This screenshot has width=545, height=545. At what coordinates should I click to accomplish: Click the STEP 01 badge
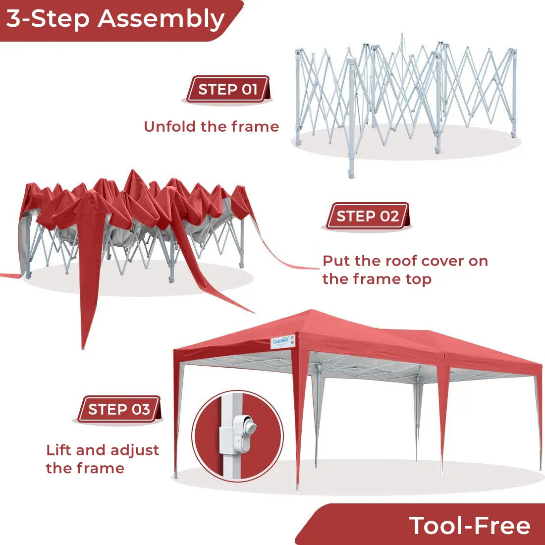[x=227, y=89]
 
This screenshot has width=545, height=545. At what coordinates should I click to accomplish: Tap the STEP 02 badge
[x=367, y=216]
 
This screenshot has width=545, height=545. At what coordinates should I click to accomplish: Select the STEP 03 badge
[x=119, y=409]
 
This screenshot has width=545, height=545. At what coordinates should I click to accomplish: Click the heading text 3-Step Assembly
[x=115, y=19]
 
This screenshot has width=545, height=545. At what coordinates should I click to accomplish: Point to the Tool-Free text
[x=470, y=525]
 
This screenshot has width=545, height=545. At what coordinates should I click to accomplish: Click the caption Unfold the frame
[x=211, y=127]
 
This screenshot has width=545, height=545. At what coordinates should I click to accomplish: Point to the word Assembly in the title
[x=161, y=19]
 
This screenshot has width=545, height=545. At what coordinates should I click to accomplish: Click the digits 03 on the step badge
[x=140, y=409]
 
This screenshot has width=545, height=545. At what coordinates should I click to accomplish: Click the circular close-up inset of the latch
[x=238, y=436]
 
